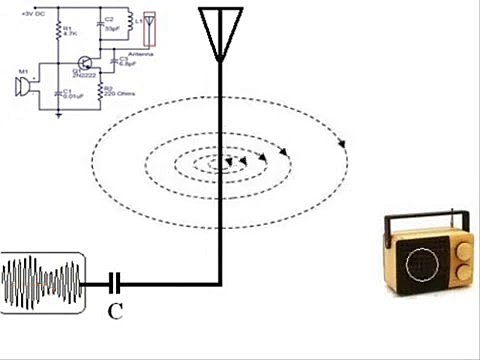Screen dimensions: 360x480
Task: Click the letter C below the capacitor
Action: coord(116,311)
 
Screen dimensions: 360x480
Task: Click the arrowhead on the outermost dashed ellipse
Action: coord(343,142)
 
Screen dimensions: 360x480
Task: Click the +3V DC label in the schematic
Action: coord(34,15)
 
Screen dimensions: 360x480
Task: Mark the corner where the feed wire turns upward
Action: coord(220,284)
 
